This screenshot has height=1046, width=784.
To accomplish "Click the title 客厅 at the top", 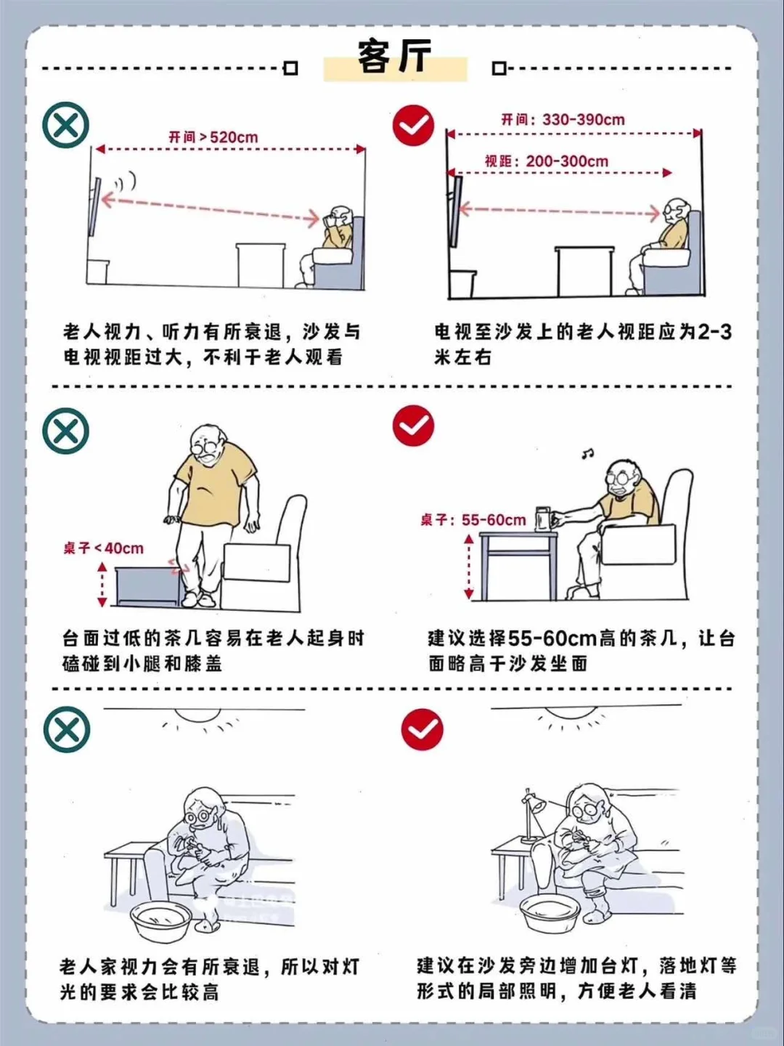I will point(394,56).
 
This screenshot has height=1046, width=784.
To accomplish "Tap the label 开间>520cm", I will point(213,137).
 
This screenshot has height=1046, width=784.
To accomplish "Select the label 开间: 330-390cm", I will point(563,119).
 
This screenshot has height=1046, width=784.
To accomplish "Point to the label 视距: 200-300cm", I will point(547,161).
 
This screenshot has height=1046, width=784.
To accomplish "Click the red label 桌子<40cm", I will point(103,548).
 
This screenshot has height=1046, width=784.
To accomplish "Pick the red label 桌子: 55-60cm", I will point(473,519).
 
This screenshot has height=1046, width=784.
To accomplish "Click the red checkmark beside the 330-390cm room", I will point(413,125).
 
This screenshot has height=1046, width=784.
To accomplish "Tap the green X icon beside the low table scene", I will point(66,431).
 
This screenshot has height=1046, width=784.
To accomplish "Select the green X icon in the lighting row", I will point(66,729).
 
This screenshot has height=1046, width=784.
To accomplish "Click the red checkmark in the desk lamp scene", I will point(422,729).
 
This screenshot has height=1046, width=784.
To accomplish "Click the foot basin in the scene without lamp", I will point(161,921).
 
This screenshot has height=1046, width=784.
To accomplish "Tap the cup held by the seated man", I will point(542,519).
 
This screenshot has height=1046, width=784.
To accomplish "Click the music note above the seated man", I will point(587,454).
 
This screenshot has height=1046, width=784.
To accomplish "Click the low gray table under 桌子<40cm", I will point(147,587).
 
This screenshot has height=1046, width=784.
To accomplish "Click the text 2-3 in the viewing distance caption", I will point(714,331).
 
